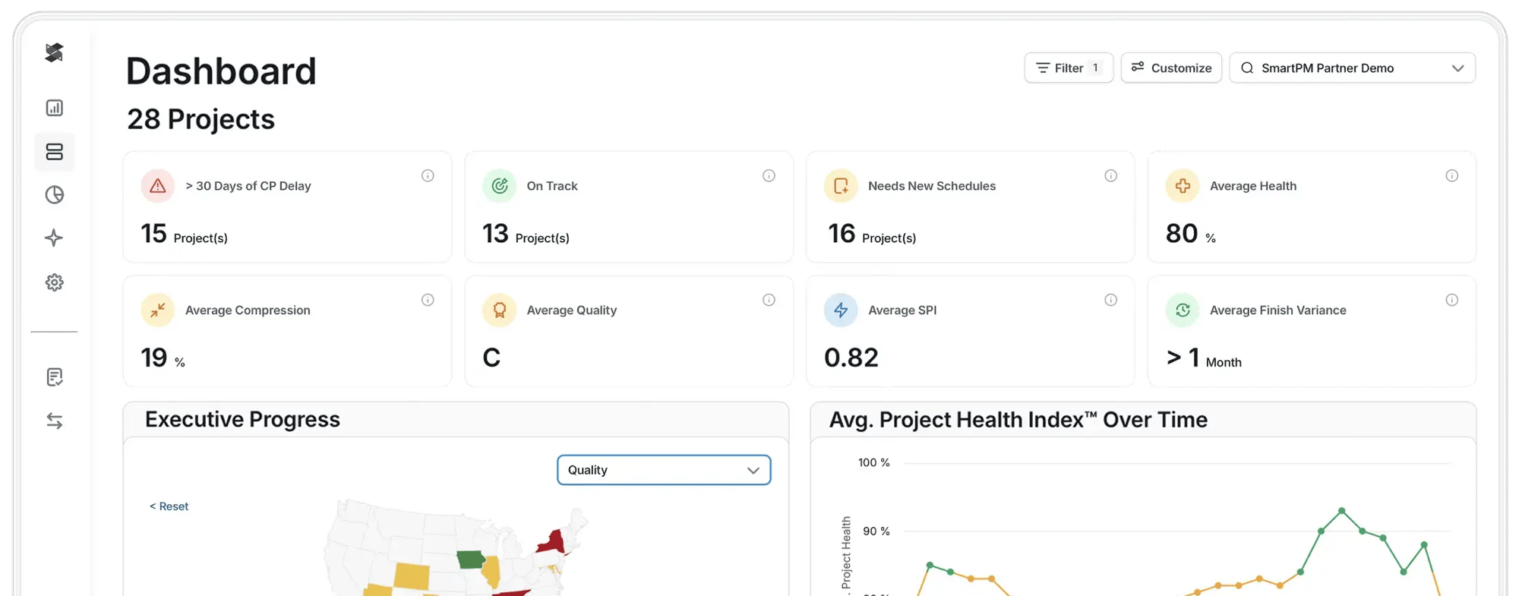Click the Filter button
click(1068, 68)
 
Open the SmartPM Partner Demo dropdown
click(1352, 68)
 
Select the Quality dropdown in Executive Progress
click(664, 470)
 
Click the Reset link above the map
click(169, 506)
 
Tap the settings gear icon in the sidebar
click(54, 282)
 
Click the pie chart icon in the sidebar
click(54, 195)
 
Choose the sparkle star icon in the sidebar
click(54, 238)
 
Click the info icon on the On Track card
click(769, 176)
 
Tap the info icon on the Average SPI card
click(1110, 300)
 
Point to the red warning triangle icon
click(158, 186)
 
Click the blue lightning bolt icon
click(841, 310)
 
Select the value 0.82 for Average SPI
click(851, 358)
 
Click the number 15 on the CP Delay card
click(153, 234)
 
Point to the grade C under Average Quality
click(491, 358)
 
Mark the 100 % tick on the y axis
click(873, 462)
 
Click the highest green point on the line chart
click(1342, 511)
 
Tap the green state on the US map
click(471, 560)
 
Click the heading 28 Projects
click(201, 119)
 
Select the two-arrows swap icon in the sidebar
click(54, 421)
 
